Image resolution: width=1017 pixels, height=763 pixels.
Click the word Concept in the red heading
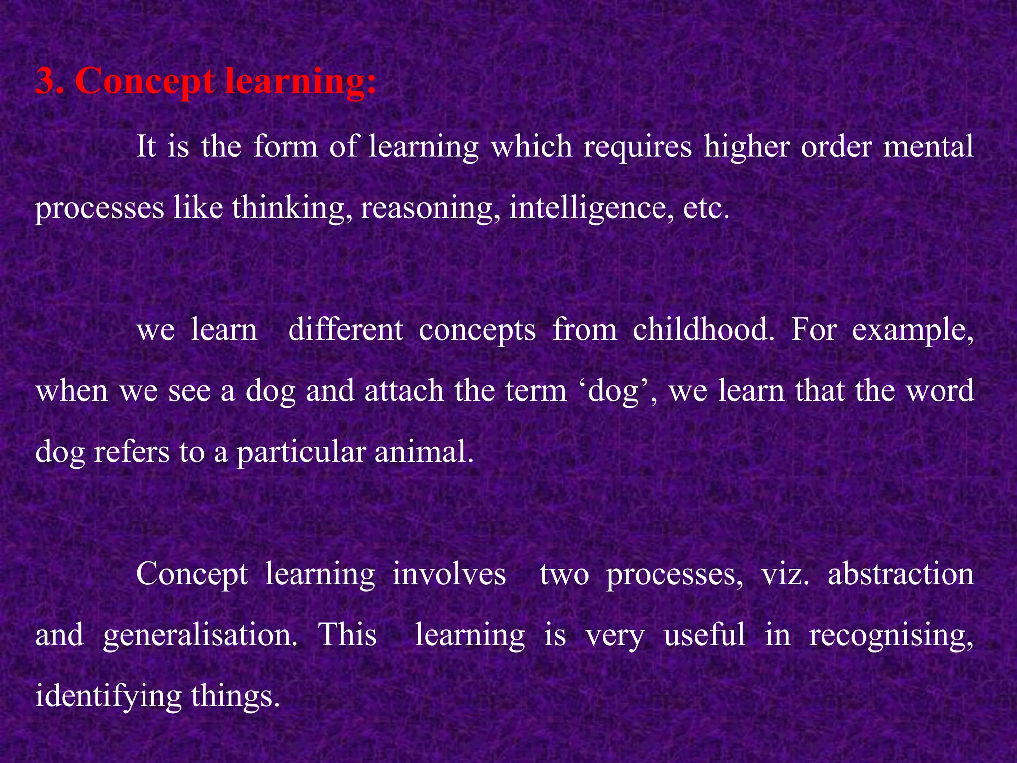(144, 82)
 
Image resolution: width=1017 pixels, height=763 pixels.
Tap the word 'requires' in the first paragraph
(637, 148)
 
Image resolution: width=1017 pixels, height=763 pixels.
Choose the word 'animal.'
(424, 452)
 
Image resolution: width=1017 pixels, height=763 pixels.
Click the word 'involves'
(449, 575)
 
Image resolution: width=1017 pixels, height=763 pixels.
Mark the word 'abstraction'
(900, 575)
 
